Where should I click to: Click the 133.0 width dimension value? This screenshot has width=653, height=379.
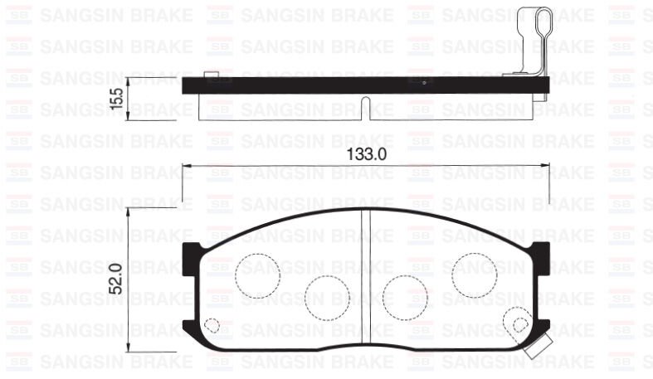point(365,155)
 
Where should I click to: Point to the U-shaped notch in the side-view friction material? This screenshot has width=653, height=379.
point(365,103)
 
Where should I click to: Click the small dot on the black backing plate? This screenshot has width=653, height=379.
point(423,83)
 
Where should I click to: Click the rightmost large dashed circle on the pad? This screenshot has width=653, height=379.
point(475,270)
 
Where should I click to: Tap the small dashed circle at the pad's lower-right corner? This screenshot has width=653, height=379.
point(520,325)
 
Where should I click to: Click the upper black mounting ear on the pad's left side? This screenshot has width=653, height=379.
point(191,251)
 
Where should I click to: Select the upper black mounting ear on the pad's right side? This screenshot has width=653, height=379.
point(541,251)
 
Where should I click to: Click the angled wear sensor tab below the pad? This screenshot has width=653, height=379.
point(536,346)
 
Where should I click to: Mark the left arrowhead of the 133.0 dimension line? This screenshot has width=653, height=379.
point(187,167)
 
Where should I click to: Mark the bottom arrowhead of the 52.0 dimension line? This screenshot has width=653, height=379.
point(129,352)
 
